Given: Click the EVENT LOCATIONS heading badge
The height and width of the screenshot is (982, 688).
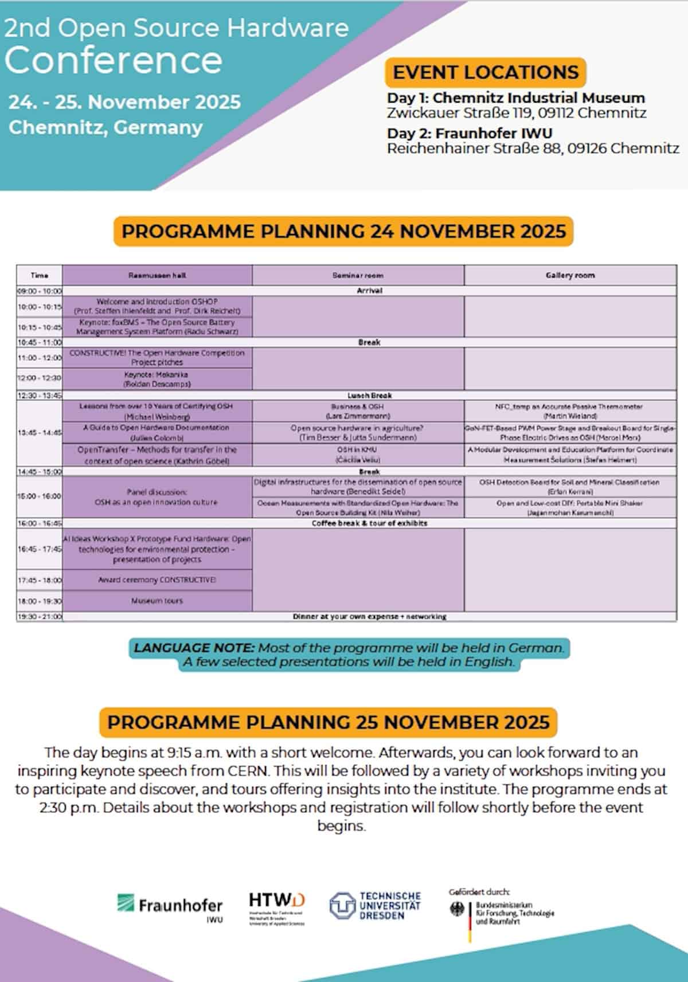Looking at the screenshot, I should [x=485, y=73].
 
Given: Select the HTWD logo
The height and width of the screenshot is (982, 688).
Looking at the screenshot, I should [x=277, y=908].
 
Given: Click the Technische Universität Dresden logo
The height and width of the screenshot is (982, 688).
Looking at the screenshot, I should [x=376, y=906].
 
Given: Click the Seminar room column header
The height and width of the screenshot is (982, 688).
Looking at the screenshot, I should [x=358, y=275].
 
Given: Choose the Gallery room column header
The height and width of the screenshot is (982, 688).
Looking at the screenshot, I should [x=570, y=275].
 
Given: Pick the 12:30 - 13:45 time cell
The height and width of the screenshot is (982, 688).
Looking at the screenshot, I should [x=40, y=396].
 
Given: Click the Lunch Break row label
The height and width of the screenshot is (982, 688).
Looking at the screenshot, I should [x=369, y=396].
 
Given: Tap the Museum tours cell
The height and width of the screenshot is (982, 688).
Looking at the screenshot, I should [x=157, y=601].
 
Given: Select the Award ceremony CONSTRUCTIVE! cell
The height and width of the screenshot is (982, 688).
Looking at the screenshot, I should [x=157, y=580].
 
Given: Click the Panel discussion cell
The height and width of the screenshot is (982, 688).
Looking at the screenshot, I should [x=157, y=497].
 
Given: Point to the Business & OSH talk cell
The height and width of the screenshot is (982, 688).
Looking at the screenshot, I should [x=358, y=411].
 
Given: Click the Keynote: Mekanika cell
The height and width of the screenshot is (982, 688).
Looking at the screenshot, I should [x=157, y=379].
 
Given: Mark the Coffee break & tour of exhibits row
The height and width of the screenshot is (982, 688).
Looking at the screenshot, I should [x=369, y=523].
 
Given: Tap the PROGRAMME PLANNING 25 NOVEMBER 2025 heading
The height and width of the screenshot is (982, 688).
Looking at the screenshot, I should [x=328, y=722].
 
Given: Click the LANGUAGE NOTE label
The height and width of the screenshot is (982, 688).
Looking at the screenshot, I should [x=194, y=648].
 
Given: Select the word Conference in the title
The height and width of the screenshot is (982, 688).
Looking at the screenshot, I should [x=114, y=60].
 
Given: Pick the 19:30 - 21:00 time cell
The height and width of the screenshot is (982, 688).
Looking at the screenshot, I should [x=40, y=617].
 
